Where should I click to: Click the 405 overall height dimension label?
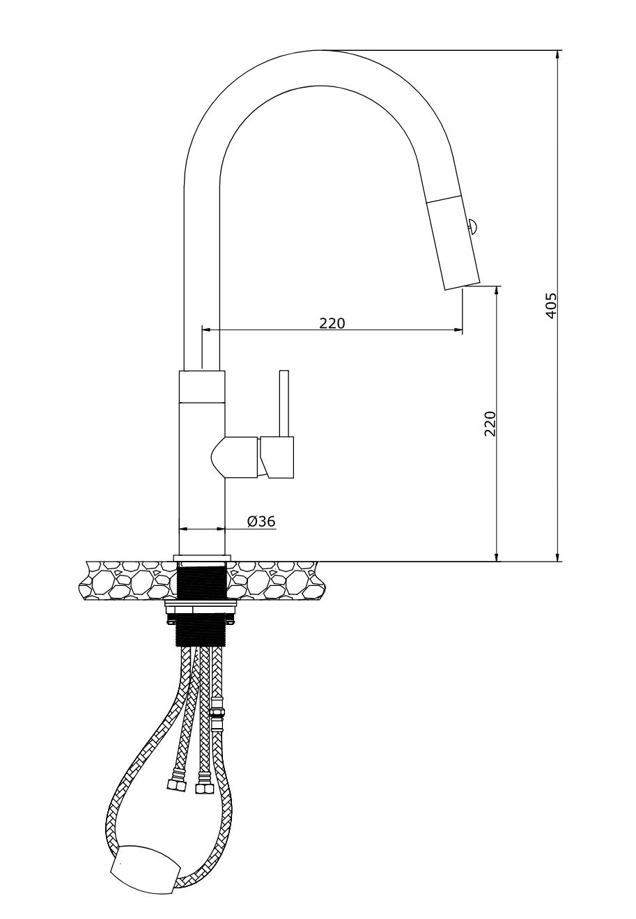(x=552, y=306)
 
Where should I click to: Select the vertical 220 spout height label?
(x=490, y=424)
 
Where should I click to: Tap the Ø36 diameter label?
(x=261, y=521)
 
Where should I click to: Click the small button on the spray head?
(x=471, y=226)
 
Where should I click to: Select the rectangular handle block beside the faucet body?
(x=277, y=458)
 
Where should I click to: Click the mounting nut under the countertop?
(x=201, y=610)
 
